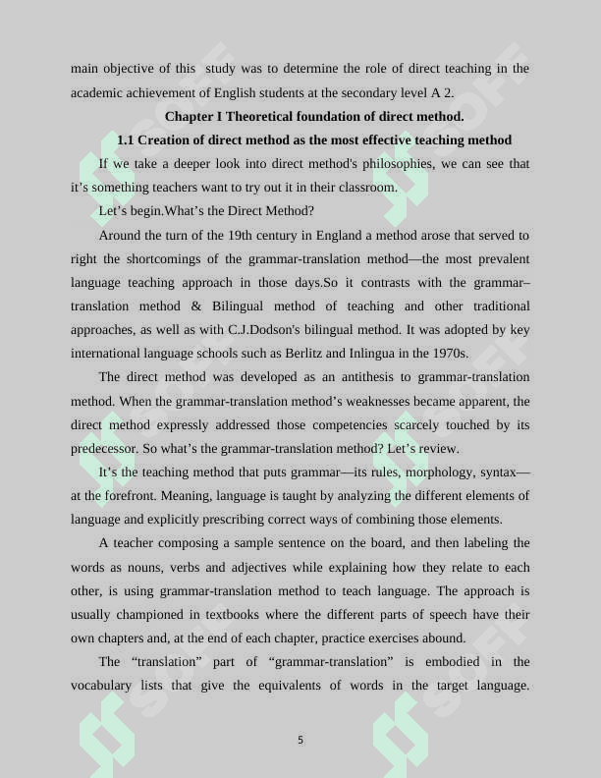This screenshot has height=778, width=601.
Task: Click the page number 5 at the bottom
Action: (300, 740)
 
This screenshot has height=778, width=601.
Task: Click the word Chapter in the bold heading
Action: (189, 116)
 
